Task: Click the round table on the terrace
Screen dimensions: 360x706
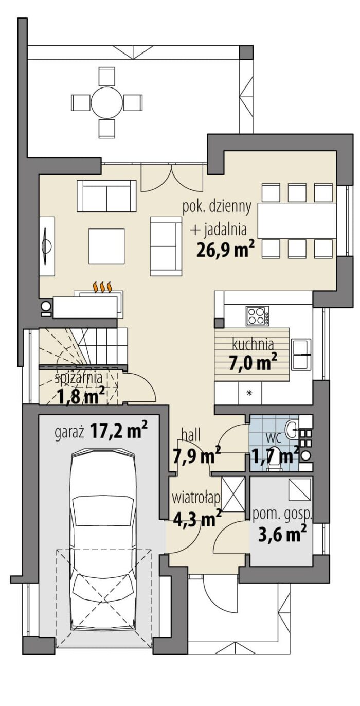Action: pyautogui.click(x=107, y=102)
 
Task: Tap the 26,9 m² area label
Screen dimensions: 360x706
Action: pyautogui.click(x=225, y=249)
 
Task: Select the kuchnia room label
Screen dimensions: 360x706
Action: pyautogui.click(x=253, y=344)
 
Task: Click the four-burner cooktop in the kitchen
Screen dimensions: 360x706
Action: pyautogui.click(x=257, y=316)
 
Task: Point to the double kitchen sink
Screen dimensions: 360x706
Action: pyautogui.click(x=301, y=354)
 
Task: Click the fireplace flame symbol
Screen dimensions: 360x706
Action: pyautogui.click(x=103, y=287)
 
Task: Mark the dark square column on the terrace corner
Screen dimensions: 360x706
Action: pyautogui.click(x=246, y=51)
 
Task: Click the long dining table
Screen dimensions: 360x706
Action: pyautogui.click(x=297, y=220)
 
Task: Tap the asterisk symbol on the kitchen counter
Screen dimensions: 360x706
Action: pyautogui.click(x=250, y=393)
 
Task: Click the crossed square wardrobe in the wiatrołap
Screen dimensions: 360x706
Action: pyautogui.click(x=233, y=494)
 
